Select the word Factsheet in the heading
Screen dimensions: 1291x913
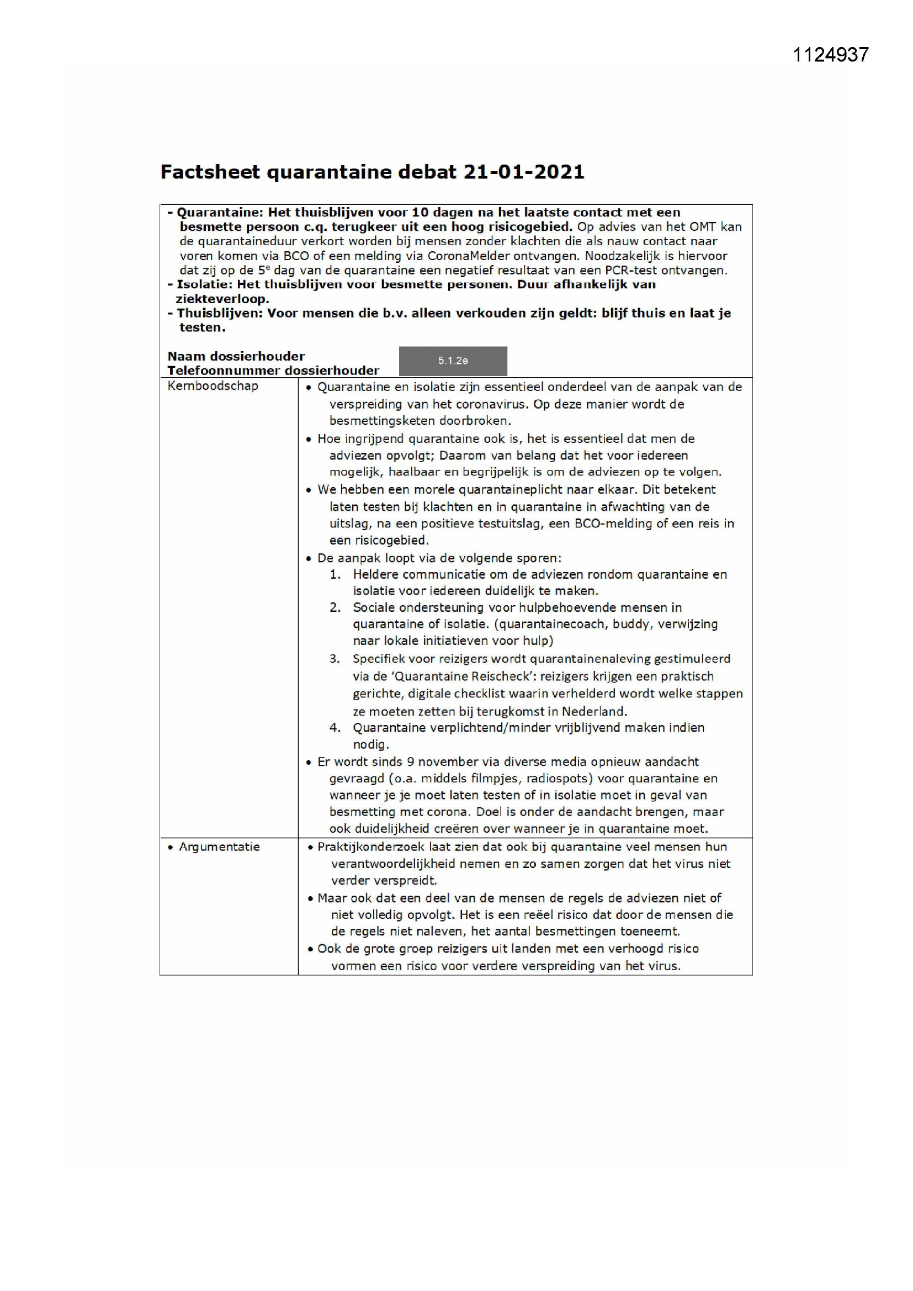point(210,172)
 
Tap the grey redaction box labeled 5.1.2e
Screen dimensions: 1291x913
point(453,361)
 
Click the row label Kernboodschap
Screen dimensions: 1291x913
point(213,386)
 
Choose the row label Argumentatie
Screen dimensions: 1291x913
point(219,847)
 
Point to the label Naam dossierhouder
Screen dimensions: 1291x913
point(236,356)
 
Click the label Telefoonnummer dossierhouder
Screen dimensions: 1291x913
point(273,371)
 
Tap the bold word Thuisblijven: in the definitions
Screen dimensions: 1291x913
point(219,313)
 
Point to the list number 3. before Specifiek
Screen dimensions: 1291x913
point(335,658)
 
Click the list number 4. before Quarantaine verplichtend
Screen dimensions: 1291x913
point(335,728)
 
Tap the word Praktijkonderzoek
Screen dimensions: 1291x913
point(370,847)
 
